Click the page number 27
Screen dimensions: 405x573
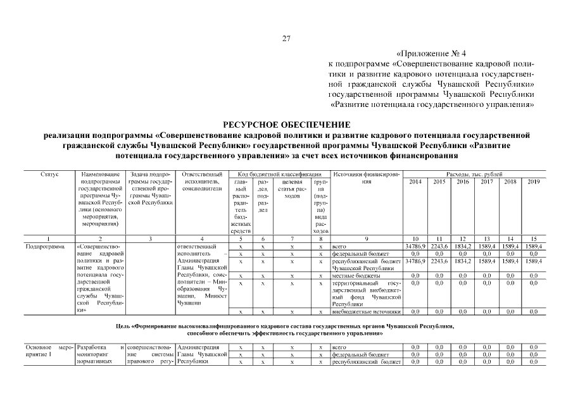point(286,39)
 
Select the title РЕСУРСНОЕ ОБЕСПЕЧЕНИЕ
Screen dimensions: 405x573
point(286,124)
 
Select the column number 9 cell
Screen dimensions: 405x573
point(366,239)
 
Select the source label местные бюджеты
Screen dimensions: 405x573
point(356,276)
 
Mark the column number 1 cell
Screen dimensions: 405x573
point(49,239)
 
